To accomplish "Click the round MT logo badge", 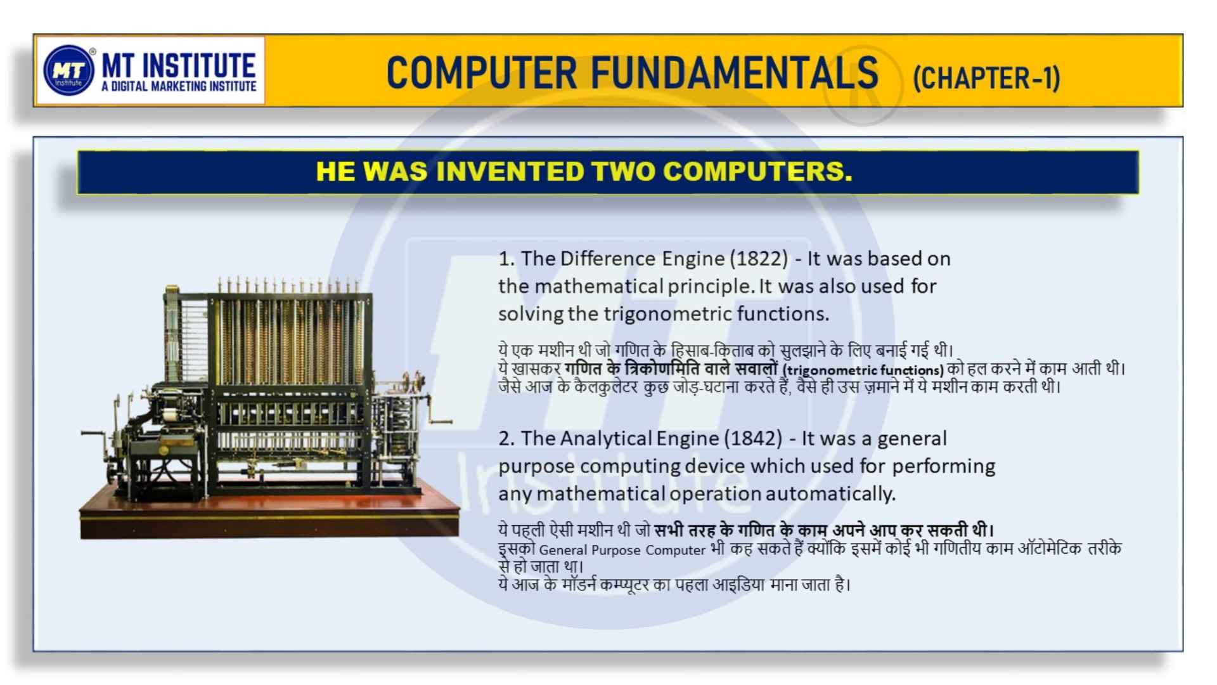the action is (x=69, y=70).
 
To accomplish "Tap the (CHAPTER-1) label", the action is (x=986, y=78).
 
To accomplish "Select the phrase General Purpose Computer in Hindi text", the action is (x=622, y=551).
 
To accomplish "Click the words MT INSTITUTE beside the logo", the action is (x=179, y=65).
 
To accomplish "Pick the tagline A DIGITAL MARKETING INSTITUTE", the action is (x=179, y=86).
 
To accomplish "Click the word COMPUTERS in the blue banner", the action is (x=757, y=171).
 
